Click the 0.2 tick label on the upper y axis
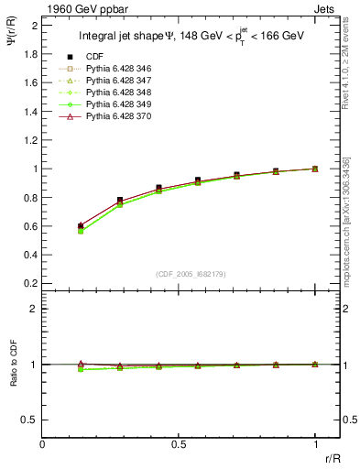tap(33, 284)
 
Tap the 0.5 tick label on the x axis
tap(179, 444)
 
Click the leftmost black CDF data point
tap(81, 225)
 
